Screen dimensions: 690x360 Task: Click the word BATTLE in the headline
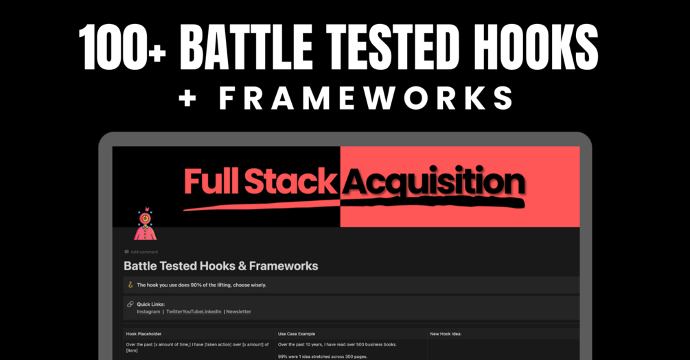tap(246, 47)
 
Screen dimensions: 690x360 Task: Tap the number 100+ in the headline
tap(122, 47)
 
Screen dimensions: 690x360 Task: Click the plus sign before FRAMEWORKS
tap(187, 99)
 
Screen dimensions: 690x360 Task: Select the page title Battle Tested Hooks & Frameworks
tap(221, 266)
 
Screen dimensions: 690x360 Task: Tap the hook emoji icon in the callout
tap(130, 285)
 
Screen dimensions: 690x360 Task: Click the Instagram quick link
tap(148, 311)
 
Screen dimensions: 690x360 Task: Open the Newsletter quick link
tap(238, 311)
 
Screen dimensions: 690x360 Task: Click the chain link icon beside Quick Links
tap(130, 304)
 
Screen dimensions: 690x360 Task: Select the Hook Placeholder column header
tap(144, 334)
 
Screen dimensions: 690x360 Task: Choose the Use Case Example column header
tap(297, 334)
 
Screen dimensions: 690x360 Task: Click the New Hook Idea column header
tap(446, 334)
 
